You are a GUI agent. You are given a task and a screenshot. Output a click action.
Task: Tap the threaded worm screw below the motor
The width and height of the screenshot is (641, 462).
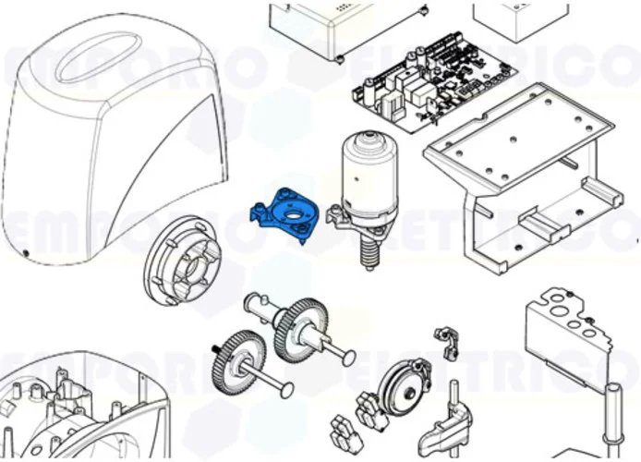pyautogui.click(x=369, y=250)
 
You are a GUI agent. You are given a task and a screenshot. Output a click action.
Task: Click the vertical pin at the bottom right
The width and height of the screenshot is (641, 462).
pyautogui.click(x=611, y=416)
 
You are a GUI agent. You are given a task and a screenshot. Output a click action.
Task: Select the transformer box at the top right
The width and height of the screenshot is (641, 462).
pyautogui.click(x=518, y=18)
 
